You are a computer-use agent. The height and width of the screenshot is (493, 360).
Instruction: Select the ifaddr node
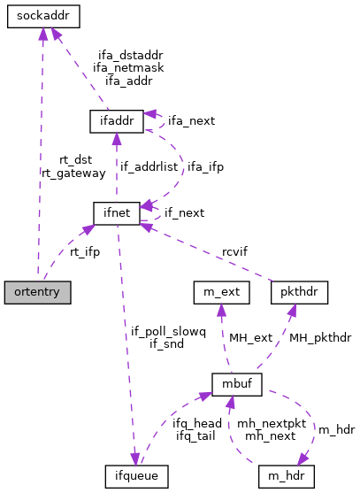[117, 120]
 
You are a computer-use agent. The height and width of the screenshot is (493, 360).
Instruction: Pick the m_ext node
[222, 290]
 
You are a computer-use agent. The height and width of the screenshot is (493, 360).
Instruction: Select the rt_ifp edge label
[85, 252]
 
